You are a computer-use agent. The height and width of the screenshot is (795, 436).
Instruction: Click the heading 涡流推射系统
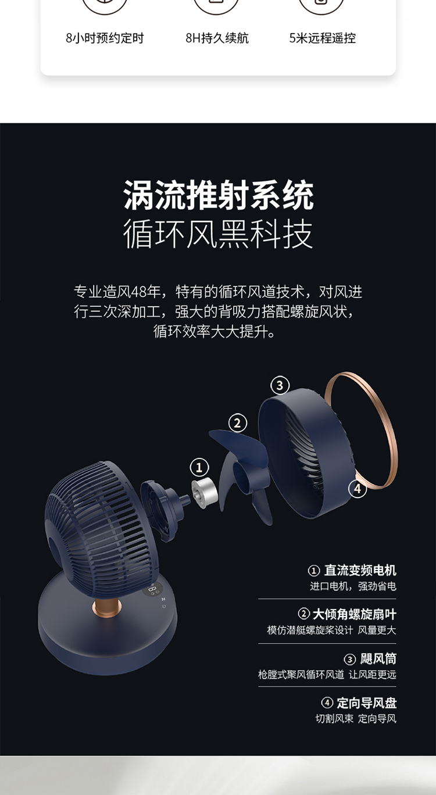218,195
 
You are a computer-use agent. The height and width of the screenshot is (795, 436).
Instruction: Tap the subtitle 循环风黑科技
218,234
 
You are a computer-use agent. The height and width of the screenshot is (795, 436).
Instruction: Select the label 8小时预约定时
105,38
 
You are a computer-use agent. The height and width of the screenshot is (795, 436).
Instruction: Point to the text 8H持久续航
217,38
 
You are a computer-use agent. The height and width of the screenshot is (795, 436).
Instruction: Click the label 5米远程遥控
323,38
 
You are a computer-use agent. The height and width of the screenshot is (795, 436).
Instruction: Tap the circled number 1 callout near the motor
199,467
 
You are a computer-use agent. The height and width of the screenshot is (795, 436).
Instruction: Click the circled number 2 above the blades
237,423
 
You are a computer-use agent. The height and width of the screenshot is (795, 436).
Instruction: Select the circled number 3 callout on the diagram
280,385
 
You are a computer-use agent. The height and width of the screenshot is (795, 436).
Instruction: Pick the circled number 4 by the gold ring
358,489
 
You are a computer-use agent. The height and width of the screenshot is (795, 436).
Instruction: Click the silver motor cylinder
204,493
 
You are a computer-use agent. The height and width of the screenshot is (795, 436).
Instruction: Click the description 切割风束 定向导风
356,719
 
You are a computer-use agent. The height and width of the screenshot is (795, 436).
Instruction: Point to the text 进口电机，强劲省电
353,586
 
